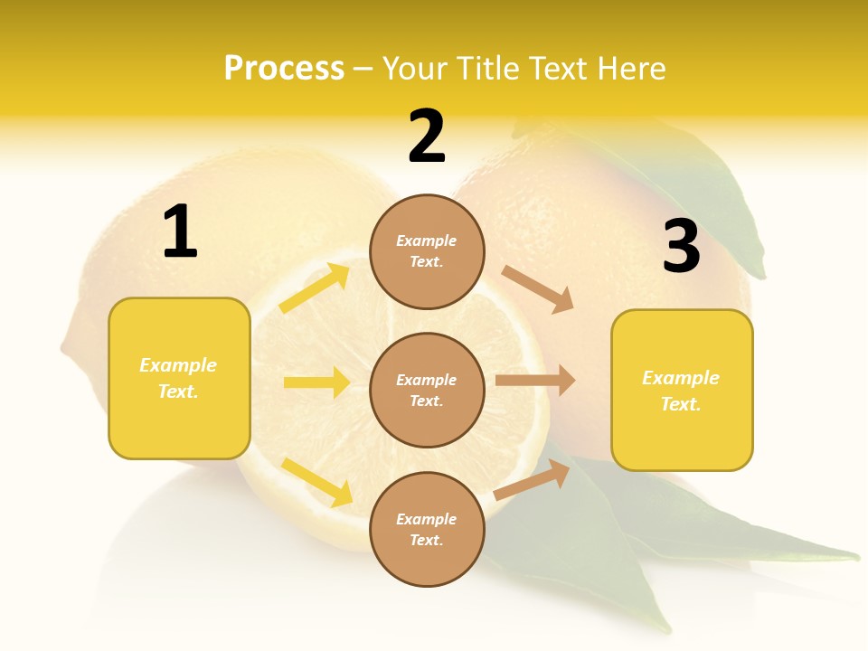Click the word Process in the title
pyautogui.click(x=284, y=69)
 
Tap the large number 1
pyautogui.click(x=179, y=232)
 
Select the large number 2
pyautogui.click(x=427, y=137)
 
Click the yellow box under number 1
pyautogui.click(x=179, y=378)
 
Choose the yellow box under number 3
pyautogui.click(x=682, y=390)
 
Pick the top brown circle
pyautogui.click(x=427, y=251)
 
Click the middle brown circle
pyautogui.click(x=427, y=390)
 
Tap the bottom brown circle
pyautogui.click(x=427, y=529)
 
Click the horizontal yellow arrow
pyautogui.click(x=316, y=382)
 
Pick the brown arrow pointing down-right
pyautogui.click(x=538, y=289)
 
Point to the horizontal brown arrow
pyautogui.click(x=535, y=381)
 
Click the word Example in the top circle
pyautogui.click(x=427, y=241)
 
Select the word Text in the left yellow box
pyautogui.click(x=177, y=392)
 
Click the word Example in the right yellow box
pyautogui.click(x=681, y=378)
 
